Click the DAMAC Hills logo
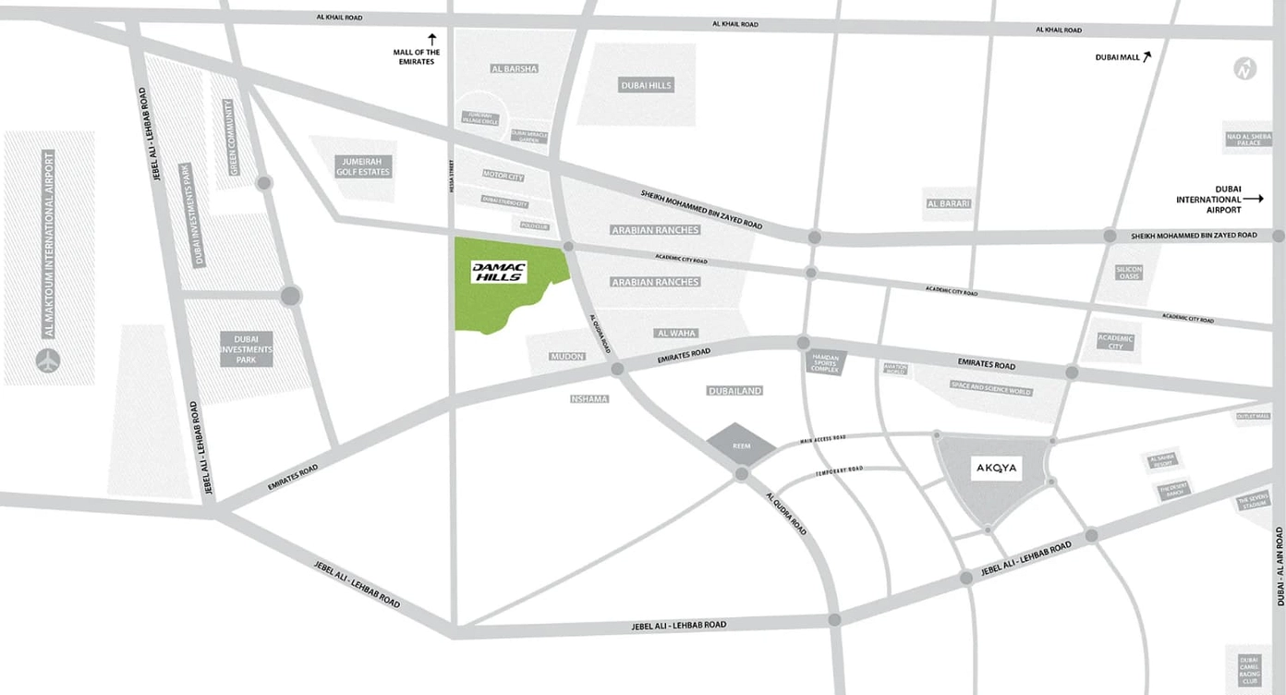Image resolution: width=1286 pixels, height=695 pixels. point(499,271)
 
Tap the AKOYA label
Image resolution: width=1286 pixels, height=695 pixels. point(996,469)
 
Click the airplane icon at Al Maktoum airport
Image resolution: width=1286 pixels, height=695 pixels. point(48,360)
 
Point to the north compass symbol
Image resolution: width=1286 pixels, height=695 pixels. point(1245,68)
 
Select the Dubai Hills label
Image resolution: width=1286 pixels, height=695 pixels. point(646,86)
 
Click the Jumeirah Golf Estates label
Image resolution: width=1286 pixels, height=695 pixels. point(362,166)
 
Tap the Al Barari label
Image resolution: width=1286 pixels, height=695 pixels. point(949,203)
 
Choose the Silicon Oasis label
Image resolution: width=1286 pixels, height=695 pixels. point(1129,273)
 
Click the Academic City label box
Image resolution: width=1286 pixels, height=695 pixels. point(1115,342)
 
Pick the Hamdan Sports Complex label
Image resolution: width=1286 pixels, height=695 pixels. point(823,362)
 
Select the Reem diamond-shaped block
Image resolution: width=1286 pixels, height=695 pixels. point(742,445)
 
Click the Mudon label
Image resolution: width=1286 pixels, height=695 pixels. point(566,356)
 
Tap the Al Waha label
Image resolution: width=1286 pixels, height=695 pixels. point(676,333)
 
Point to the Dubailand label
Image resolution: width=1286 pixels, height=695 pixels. point(734,391)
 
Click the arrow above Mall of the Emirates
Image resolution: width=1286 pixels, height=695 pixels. point(431,39)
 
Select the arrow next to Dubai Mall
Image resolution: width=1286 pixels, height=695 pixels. point(1147,56)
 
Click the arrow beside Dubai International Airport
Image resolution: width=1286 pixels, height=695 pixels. point(1252,199)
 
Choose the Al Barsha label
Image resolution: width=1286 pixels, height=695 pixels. point(514,68)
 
